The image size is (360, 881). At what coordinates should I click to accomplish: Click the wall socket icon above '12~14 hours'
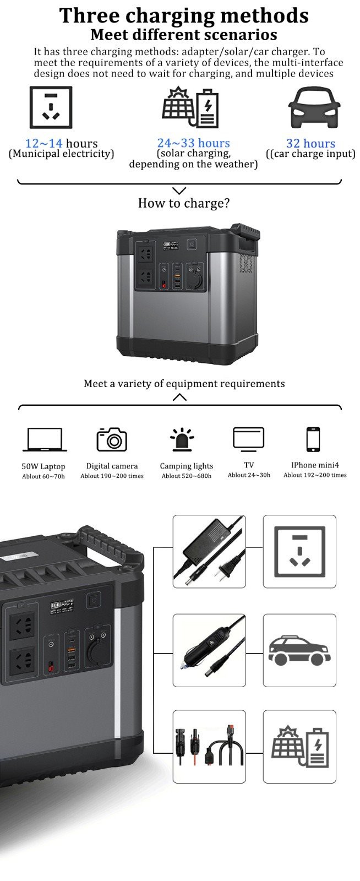point(51,107)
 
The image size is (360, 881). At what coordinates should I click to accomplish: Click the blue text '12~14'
point(43,144)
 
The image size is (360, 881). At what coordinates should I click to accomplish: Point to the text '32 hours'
point(310,143)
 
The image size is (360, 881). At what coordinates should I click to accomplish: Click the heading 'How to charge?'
point(183,203)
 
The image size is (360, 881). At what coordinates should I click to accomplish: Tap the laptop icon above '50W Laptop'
point(45,439)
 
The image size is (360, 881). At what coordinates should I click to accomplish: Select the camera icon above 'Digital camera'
point(112,439)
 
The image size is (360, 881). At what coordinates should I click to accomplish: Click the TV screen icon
point(248,438)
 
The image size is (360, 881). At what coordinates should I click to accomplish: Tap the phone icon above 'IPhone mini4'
point(313,439)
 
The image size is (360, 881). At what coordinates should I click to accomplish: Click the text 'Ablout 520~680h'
point(186,476)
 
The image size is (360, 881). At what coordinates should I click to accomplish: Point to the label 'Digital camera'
point(112,466)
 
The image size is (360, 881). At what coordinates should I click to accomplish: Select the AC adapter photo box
point(209,551)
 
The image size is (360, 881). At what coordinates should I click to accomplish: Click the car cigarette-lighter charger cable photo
point(209,650)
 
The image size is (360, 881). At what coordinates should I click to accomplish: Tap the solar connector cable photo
point(209,746)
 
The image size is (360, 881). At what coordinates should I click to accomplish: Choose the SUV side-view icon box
point(299,650)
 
